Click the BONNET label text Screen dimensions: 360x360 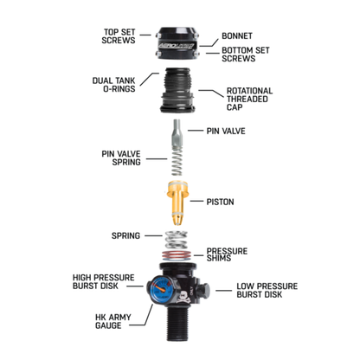[237, 36]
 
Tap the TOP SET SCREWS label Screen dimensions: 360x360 [119, 36]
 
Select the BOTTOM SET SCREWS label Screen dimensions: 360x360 [246, 55]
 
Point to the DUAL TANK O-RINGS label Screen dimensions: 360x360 [113, 85]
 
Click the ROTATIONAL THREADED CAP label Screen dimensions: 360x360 [249, 99]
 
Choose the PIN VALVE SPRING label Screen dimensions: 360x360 [121, 157]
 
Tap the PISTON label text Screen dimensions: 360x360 [220, 202]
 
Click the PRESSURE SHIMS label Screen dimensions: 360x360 [227, 254]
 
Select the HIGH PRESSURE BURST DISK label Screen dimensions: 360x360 [104, 282]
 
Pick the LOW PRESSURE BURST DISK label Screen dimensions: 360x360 [267, 290]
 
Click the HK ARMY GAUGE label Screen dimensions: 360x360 [113, 321]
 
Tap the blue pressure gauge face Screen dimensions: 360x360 [162, 288]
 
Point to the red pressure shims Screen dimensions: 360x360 [177, 255]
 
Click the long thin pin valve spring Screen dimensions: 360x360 [177, 161]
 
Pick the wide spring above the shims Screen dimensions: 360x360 [176, 240]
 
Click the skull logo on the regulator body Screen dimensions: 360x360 [184, 297]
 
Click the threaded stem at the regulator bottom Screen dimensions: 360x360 [177, 324]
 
